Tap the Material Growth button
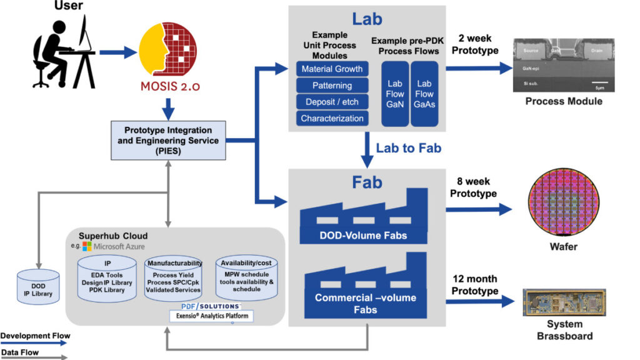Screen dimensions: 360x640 pos(331,69)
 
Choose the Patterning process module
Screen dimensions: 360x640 pos(331,86)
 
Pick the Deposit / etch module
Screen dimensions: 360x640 pos(331,102)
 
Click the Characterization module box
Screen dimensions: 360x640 pos(331,118)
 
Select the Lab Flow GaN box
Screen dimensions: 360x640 pos(395,94)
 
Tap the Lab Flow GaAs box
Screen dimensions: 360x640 pos(424,94)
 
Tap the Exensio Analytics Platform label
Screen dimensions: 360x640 pos(211,316)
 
